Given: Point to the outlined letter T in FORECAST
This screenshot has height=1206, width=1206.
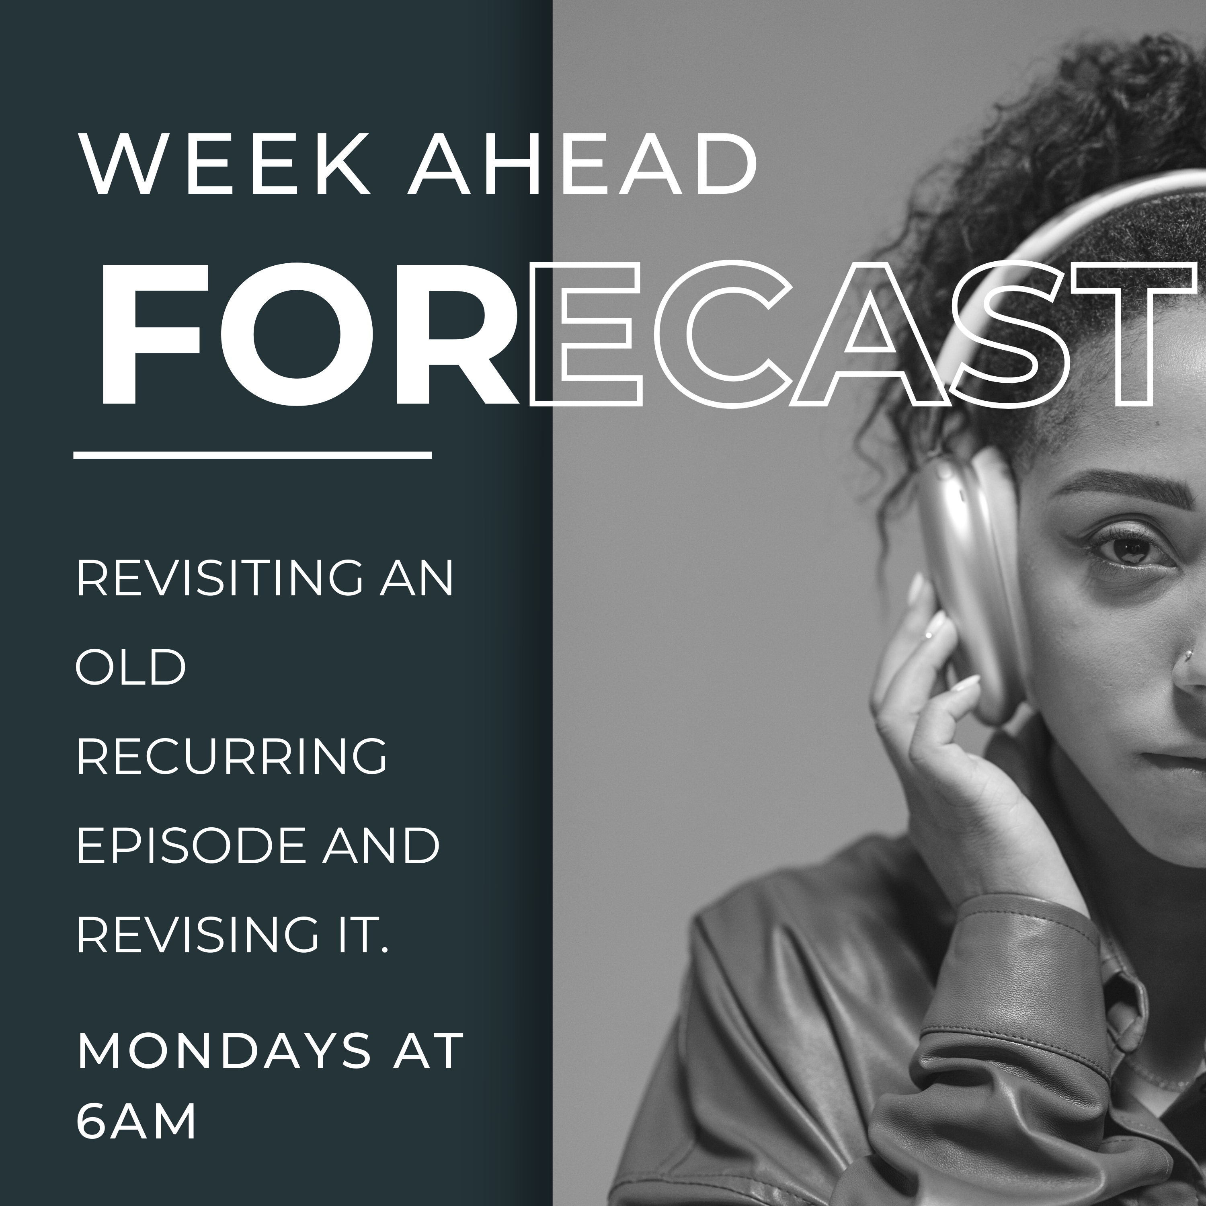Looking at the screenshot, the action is point(1136,334).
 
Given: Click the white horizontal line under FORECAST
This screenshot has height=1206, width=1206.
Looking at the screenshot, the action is point(253,455).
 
